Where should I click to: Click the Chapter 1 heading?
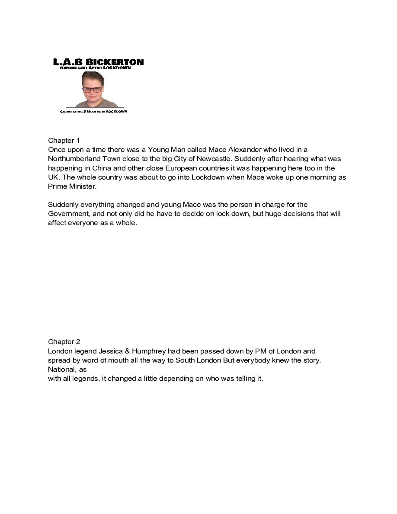64,141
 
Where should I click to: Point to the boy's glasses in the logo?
93,90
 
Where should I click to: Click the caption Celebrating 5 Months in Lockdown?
93,111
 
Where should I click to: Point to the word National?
62,369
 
